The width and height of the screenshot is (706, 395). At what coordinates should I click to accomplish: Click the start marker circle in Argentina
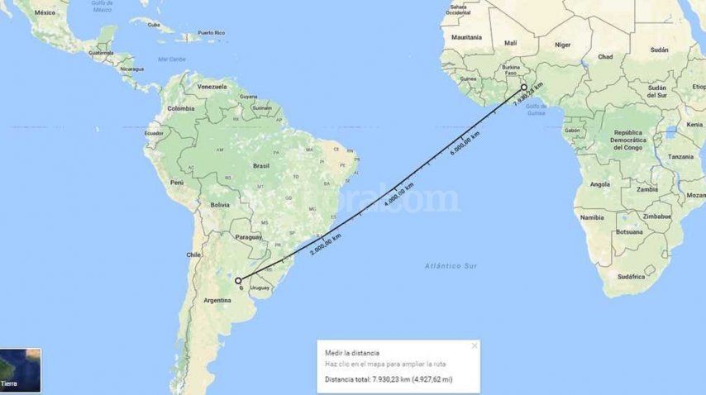238,281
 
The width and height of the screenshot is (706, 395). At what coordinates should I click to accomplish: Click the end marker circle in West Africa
523,87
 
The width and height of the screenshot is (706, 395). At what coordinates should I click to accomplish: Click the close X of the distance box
474,345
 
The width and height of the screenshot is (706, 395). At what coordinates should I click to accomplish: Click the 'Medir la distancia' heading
352,353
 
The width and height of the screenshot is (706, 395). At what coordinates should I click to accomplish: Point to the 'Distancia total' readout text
389,379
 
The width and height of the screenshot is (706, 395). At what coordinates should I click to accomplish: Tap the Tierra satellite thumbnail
20,370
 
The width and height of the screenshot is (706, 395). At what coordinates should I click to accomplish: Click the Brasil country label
261,165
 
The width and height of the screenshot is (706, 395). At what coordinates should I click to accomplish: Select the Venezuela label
212,87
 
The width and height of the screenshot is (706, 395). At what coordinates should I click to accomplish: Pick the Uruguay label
260,288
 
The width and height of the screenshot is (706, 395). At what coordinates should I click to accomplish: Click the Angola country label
599,184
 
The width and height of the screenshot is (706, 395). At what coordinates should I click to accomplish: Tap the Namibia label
592,217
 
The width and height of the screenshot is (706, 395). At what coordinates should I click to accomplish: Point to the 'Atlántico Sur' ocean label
451,265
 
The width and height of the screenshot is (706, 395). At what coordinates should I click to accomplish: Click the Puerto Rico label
212,35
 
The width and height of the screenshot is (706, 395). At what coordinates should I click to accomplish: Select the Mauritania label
466,37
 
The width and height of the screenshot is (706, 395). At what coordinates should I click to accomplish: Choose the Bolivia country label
219,204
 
